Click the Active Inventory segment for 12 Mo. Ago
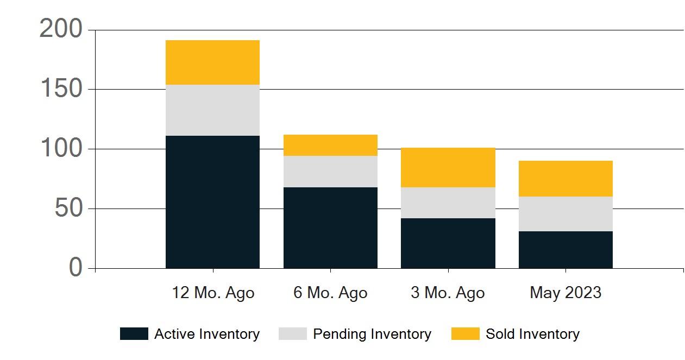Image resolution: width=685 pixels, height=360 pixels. point(212,202)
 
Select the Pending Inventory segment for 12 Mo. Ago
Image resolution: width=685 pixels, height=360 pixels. point(212,110)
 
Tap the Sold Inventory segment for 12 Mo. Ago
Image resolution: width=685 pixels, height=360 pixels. point(212,62)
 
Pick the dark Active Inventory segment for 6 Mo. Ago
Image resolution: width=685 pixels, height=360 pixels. point(330,228)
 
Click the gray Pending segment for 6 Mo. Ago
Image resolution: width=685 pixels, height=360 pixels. point(330,172)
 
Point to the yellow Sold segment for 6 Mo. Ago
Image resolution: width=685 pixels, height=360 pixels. point(330,146)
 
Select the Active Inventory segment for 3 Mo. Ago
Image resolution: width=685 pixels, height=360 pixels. point(448,243)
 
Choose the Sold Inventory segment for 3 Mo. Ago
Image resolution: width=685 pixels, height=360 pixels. point(448,168)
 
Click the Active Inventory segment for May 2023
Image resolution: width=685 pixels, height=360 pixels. point(565,250)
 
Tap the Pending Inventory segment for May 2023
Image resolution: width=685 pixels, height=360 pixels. point(565,214)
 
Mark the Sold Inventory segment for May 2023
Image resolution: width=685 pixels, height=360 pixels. point(565,179)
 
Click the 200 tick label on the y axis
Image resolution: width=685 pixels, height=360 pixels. point(61,29)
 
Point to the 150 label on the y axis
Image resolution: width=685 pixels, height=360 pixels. point(61,89)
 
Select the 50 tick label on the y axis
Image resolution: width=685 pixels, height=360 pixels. point(68,209)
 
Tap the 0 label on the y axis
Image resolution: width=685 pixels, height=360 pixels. point(76,268)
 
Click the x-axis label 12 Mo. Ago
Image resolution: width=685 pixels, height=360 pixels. point(213,293)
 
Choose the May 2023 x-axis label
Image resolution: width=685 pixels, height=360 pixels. point(565,293)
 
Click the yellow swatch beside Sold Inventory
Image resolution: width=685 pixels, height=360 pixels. point(465,334)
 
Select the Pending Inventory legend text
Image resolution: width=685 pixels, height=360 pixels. point(372,334)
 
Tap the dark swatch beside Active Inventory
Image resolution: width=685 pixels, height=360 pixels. point(134,334)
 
